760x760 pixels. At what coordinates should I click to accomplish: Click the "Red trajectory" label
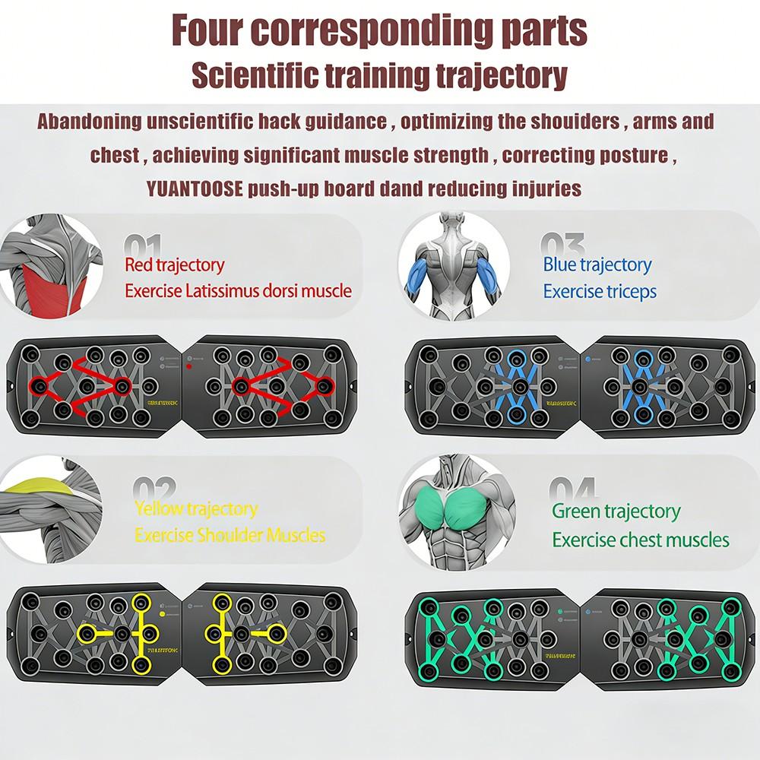point(175,265)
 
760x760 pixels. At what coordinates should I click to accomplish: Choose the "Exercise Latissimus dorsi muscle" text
point(238,290)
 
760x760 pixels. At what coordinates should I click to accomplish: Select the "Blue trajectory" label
point(597,264)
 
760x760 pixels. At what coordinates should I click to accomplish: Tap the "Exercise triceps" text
point(600,291)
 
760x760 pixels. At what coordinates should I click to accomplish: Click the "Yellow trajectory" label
point(196,508)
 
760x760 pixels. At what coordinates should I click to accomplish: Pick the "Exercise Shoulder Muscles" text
point(230,535)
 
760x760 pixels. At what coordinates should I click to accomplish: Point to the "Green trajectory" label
point(616,511)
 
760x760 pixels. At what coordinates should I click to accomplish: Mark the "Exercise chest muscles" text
point(641,540)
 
